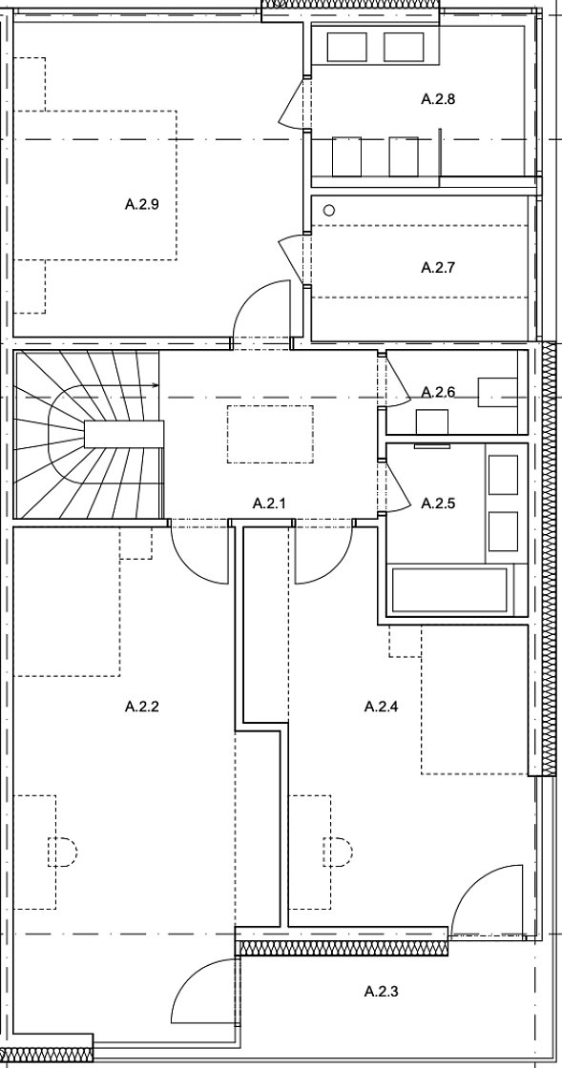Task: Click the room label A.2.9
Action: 142,204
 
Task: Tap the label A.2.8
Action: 438,99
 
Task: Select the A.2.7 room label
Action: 438,267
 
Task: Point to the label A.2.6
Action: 438,392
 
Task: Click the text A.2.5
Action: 438,503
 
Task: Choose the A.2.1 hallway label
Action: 269,503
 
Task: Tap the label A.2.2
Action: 142,707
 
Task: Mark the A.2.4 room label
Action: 382,707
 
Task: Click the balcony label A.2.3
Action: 382,991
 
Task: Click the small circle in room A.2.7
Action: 329,211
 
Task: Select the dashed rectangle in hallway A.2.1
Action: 270,435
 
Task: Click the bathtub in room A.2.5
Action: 449,590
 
